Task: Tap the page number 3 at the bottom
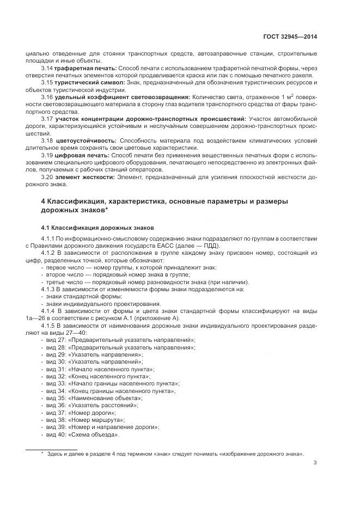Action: tap(315, 464)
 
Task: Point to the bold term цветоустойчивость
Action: tap(84, 140)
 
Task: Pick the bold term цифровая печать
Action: tap(81, 155)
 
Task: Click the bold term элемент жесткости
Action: tap(84, 177)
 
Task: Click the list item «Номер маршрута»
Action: tap(96, 420)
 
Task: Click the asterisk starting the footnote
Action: tap(42, 453)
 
